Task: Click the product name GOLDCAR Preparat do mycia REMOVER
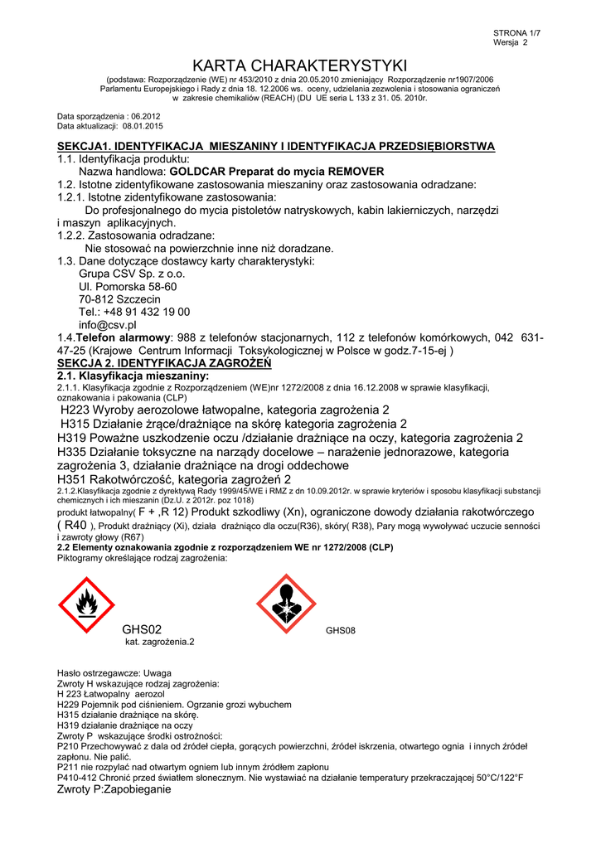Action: (x=271, y=171)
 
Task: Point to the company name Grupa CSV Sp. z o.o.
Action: (x=132, y=273)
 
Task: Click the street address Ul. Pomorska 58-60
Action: (x=128, y=286)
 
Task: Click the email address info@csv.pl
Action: (x=108, y=325)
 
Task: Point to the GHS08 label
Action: (x=340, y=631)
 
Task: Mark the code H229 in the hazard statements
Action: (x=67, y=704)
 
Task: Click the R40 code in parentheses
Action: (x=75, y=525)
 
